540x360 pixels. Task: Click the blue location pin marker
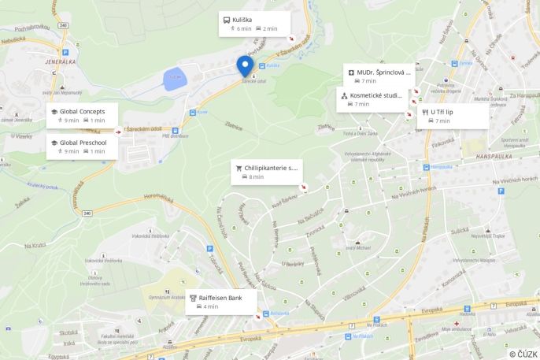(245, 65)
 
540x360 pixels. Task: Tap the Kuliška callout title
(242, 19)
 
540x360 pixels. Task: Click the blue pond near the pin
(174, 77)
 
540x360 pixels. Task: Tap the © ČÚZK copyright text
(523, 354)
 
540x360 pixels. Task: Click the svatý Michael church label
(357, 248)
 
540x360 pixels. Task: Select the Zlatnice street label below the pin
(233, 124)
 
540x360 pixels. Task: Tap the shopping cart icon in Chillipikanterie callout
(239, 168)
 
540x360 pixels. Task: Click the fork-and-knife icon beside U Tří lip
(423, 112)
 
